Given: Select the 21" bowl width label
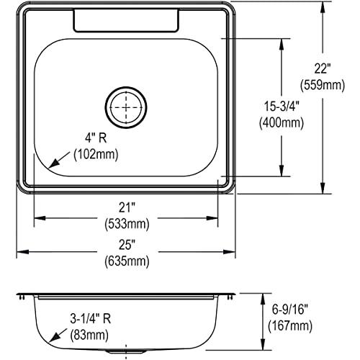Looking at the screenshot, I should (x=127, y=207).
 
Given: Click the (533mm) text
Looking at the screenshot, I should (x=127, y=223).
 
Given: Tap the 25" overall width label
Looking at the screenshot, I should (x=127, y=244).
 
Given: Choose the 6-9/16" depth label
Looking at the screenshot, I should (x=292, y=310).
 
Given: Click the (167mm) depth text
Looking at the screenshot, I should (x=292, y=326).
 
